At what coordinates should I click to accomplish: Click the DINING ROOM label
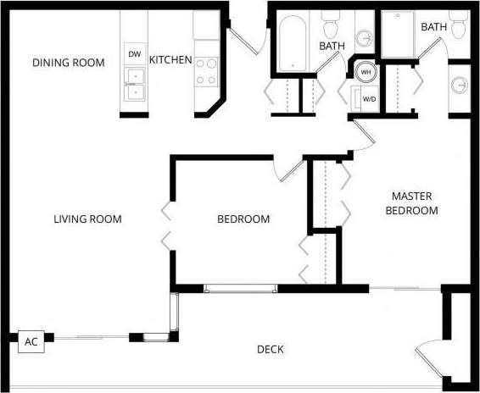[x=69, y=63]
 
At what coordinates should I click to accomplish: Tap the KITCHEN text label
[x=170, y=61]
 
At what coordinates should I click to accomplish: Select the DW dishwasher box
[x=134, y=54]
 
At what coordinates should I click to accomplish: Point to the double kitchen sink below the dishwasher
[x=134, y=79]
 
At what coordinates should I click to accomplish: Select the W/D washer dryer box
[x=369, y=98]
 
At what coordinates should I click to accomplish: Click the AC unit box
[x=31, y=342]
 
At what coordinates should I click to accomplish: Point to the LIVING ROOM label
[x=87, y=219]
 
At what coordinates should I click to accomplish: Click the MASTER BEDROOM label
[x=412, y=202]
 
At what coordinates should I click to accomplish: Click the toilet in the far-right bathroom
[x=459, y=27]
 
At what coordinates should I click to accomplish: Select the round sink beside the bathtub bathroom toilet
[x=365, y=39]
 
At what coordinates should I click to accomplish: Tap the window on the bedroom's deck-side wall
[x=240, y=289]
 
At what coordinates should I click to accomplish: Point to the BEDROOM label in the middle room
[x=243, y=219]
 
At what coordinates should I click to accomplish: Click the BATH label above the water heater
[x=332, y=46]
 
